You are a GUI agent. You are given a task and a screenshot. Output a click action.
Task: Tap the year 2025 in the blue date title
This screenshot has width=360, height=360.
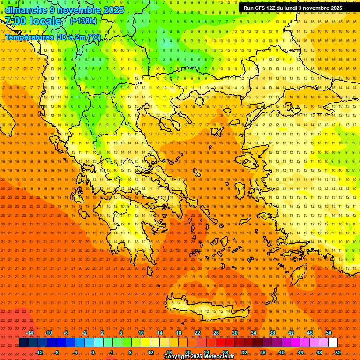(x=112, y=10)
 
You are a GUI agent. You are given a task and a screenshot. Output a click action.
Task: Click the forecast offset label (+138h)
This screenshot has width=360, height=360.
(x=83, y=21)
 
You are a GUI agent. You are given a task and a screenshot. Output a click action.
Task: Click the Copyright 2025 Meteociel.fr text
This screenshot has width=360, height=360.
(x=199, y=357)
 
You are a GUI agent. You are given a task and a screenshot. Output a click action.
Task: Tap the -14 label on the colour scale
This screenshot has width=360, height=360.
(x=30, y=333)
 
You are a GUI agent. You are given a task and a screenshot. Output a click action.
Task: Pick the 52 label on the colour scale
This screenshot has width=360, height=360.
(x=338, y=352)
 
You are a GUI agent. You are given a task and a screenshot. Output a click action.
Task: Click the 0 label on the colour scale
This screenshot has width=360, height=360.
(x=92, y=352)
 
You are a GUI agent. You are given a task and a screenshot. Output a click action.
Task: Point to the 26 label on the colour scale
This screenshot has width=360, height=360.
(x=216, y=333)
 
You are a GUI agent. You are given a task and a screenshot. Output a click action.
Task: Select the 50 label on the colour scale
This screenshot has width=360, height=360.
(x=329, y=333)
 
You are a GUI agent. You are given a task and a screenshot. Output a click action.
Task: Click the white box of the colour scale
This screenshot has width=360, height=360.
(x=333, y=343)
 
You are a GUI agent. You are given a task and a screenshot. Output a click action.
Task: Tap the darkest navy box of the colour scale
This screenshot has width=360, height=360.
(x=23, y=343)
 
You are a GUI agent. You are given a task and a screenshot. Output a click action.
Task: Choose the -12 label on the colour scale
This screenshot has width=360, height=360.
(x=39, y=352)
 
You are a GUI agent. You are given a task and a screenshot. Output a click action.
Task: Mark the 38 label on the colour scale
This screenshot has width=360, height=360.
(x=272, y=333)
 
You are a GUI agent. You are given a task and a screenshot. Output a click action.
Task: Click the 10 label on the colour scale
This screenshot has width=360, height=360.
(x=141, y=333)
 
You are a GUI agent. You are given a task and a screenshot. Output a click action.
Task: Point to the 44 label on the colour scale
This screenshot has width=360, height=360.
(x=300, y=352)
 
